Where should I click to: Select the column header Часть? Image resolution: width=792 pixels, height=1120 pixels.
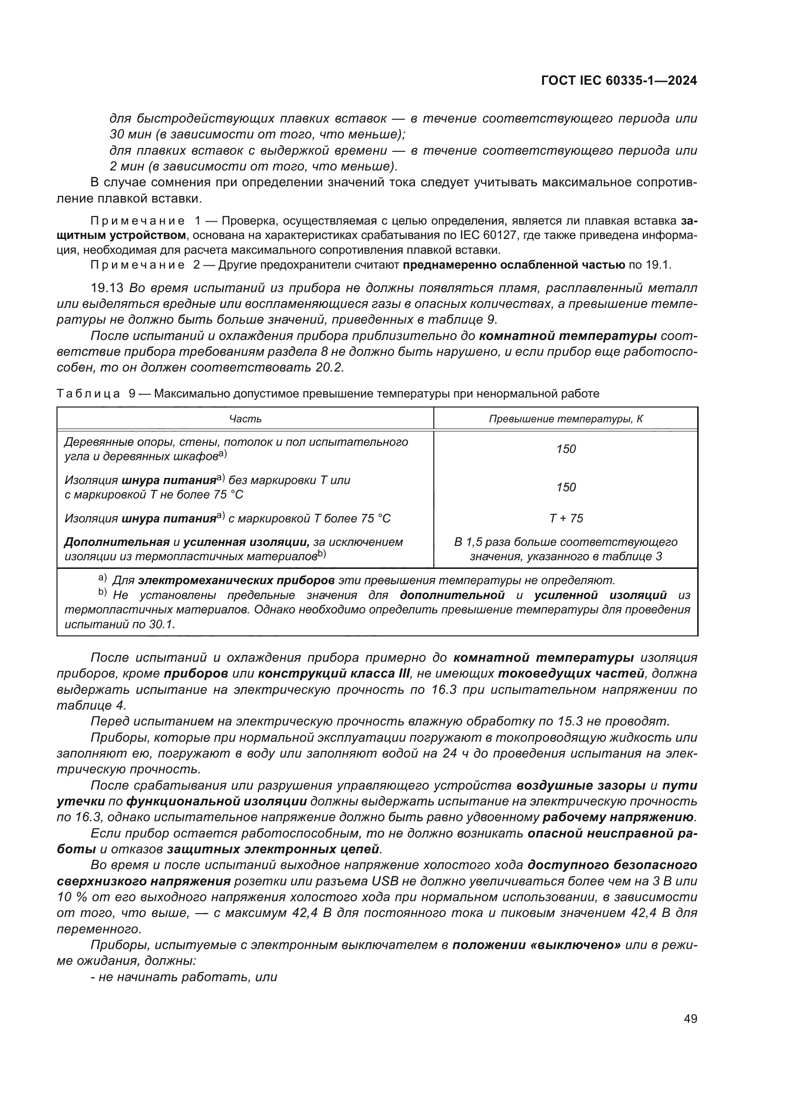pos(245,419)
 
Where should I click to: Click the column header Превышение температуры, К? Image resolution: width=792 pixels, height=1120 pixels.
pos(566,419)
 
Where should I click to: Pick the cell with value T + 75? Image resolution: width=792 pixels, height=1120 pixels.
pos(566,518)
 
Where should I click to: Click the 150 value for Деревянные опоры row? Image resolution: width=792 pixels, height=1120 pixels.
pos(566,449)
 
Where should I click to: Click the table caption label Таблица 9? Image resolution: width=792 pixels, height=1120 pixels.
pos(96,394)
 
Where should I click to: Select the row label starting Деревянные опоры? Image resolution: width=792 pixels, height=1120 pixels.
pos(236,449)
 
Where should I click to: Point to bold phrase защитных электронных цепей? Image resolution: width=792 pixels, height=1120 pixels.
pos(273,849)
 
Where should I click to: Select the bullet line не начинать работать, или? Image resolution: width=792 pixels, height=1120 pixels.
pos(184,977)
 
